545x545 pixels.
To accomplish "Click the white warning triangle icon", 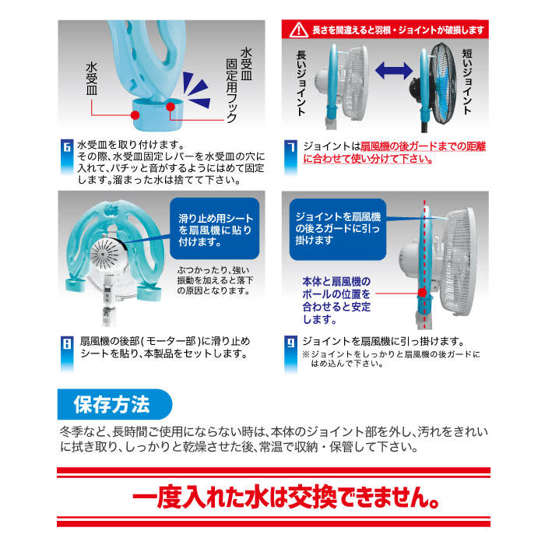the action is (x=298, y=30).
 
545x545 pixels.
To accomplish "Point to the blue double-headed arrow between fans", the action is (x=393, y=70).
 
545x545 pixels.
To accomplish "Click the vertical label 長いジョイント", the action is (x=301, y=83).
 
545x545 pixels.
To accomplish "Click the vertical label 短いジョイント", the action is (x=467, y=81).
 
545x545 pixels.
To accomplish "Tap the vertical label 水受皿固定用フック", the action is (x=239, y=85).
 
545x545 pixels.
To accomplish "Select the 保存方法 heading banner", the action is (x=114, y=404).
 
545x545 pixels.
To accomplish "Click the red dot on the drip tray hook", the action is (x=171, y=107).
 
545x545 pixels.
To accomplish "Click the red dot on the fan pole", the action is (x=422, y=293).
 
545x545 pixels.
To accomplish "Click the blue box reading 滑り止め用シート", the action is (x=214, y=228).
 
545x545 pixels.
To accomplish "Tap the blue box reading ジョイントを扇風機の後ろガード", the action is (x=337, y=230).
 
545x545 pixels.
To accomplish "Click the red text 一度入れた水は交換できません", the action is (x=286, y=498).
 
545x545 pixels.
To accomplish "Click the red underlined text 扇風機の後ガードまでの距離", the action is (x=423, y=146).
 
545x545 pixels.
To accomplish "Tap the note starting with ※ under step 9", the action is (x=391, y=359).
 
